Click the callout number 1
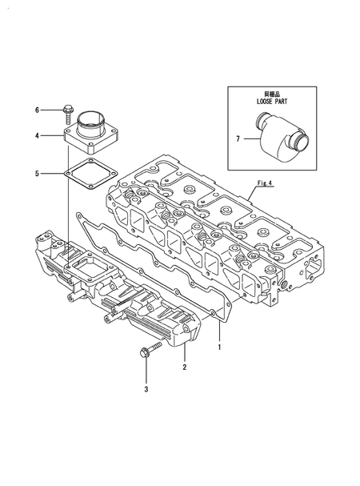(x=218, y=348)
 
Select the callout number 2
(x=185, y=368)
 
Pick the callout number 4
(x=38, y=136)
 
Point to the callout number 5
(x=38, y=172)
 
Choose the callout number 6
(x=38, y=109)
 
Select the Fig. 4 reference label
(x=265, y=183)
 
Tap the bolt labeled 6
(x=70, y=109)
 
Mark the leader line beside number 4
(x=53, y=136)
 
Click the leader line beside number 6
(x=50, y=109)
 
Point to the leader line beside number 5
(x=53, y=172)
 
